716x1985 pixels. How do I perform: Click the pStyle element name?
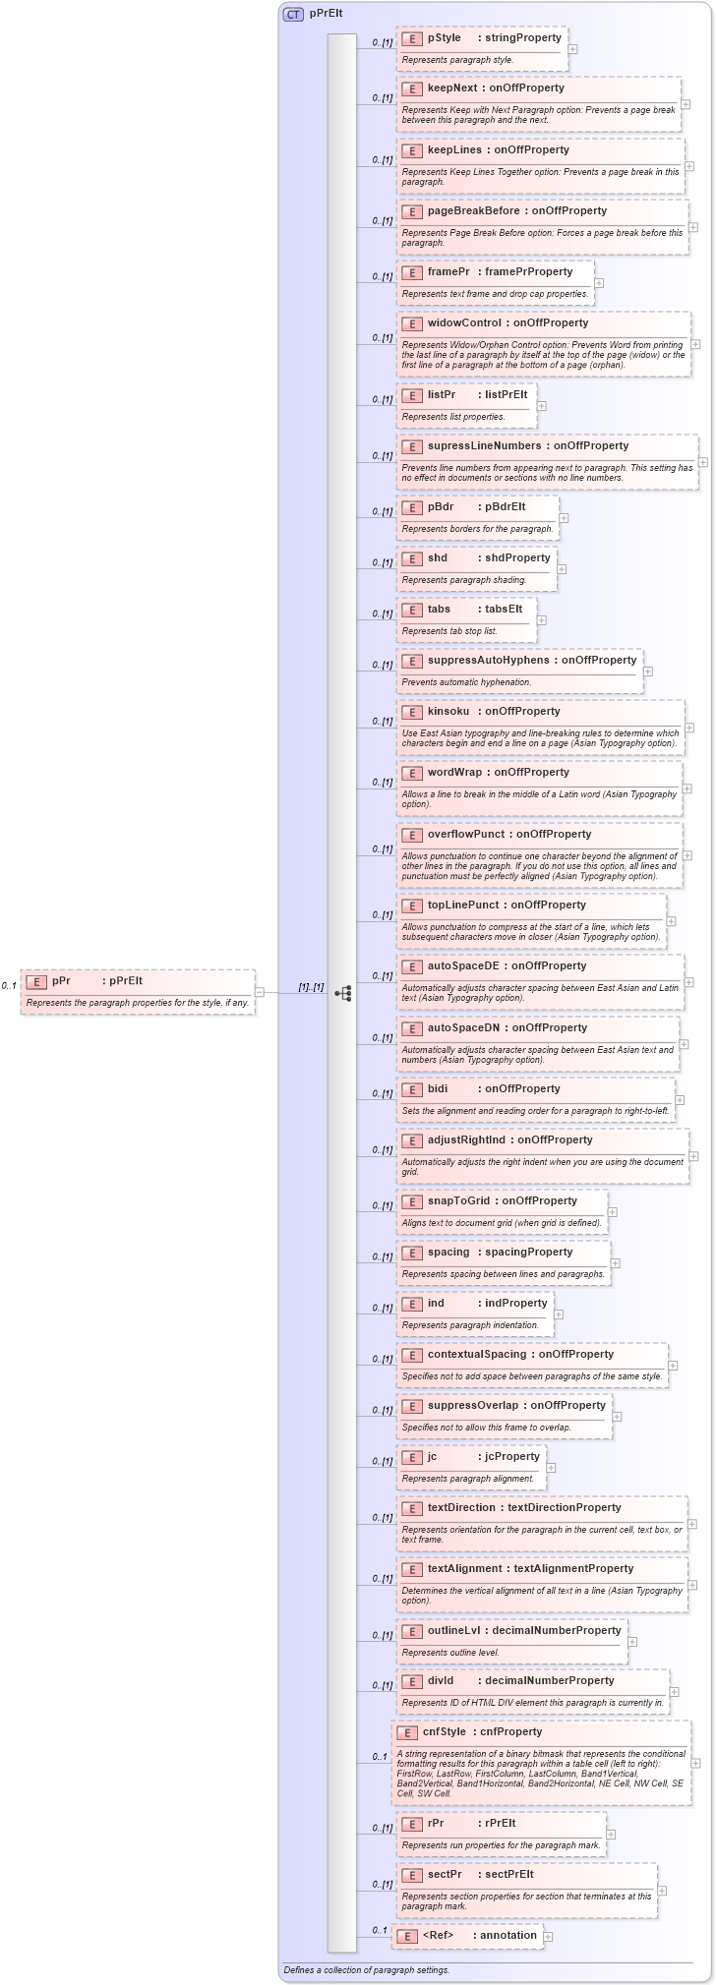[x=444, y=38]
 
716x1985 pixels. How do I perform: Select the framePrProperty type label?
[x=528, y=272]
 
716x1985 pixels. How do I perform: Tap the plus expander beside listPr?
[x=542, y=406]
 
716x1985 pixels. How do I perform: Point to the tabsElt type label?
[x=504, y=610]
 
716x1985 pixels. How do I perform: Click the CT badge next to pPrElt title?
[x=293, y=14]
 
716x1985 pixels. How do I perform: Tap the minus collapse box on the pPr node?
[x=260, y=992]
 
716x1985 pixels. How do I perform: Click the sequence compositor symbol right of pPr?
[x=342, y=993]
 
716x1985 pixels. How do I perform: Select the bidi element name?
[x=438, y=1089]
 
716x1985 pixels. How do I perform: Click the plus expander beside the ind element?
[x=559, y=1314]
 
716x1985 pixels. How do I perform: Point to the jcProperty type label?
[x=512, y=1457]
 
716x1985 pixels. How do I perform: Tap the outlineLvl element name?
[x=454, y=1631]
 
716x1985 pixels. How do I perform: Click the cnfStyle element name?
[x=445, y=1732]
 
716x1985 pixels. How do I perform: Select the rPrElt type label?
[x=500, y=1824]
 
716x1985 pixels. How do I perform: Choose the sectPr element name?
[x=445, y=1875]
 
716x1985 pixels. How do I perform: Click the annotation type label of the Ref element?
[x=508, y=1936]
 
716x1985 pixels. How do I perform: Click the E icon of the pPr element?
[x=35, y=981]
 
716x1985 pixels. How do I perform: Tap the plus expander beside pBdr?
[x=564, y=518]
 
